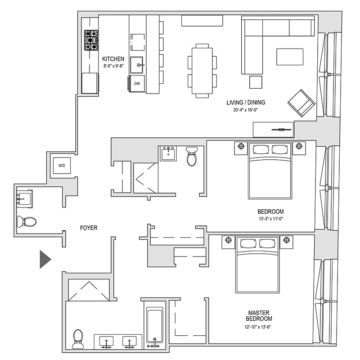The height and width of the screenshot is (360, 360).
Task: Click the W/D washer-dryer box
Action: point(62,166)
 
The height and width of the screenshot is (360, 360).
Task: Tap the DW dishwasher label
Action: point(137,83)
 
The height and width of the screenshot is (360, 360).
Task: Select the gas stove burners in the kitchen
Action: point(91,40)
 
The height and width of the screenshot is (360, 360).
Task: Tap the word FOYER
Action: point(89,228)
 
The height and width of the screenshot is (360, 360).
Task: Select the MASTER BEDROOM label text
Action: point(259,315)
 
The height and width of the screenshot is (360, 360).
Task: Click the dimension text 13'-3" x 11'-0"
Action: point(270,220)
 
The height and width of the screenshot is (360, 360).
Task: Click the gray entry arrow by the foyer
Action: point(45,259)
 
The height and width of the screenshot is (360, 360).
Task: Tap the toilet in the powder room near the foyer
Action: point(27,221)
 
